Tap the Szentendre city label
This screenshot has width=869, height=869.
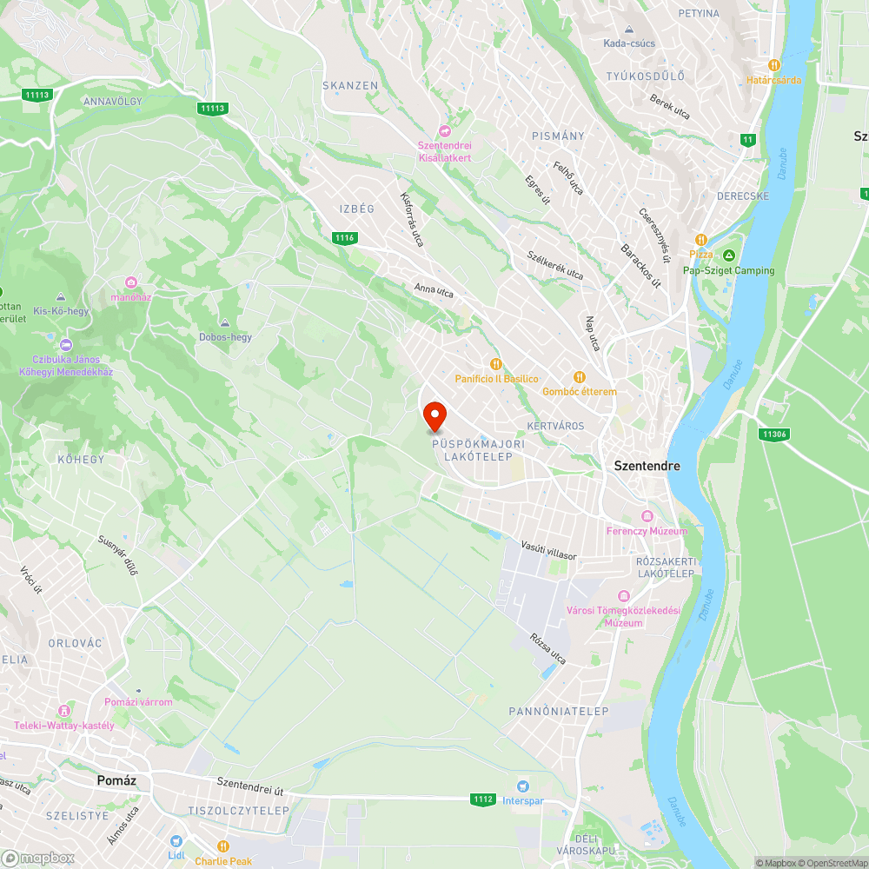(x=647, y=466)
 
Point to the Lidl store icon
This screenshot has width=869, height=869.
(x=176, y=840)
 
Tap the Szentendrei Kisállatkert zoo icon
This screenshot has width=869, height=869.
(x=446, y=131)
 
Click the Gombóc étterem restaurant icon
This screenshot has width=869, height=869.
(x=580, y=377)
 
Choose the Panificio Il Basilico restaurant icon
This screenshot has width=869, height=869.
(x=496, y=365)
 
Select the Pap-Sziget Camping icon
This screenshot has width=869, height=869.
(x=729, y=255)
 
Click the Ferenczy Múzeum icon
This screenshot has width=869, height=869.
(x=647, y=516)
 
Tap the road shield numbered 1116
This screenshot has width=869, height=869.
(x=345, y=237)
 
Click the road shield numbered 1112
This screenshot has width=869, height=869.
(x=483, y=799)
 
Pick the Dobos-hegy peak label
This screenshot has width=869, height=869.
(x=225, y=336)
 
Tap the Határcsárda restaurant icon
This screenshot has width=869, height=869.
(x=773, y=65)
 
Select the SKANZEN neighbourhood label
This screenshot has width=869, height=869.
(x=350, y=85)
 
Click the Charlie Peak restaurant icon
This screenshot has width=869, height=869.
(x=223, y=846)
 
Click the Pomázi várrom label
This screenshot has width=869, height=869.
(x=138, y=701)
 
